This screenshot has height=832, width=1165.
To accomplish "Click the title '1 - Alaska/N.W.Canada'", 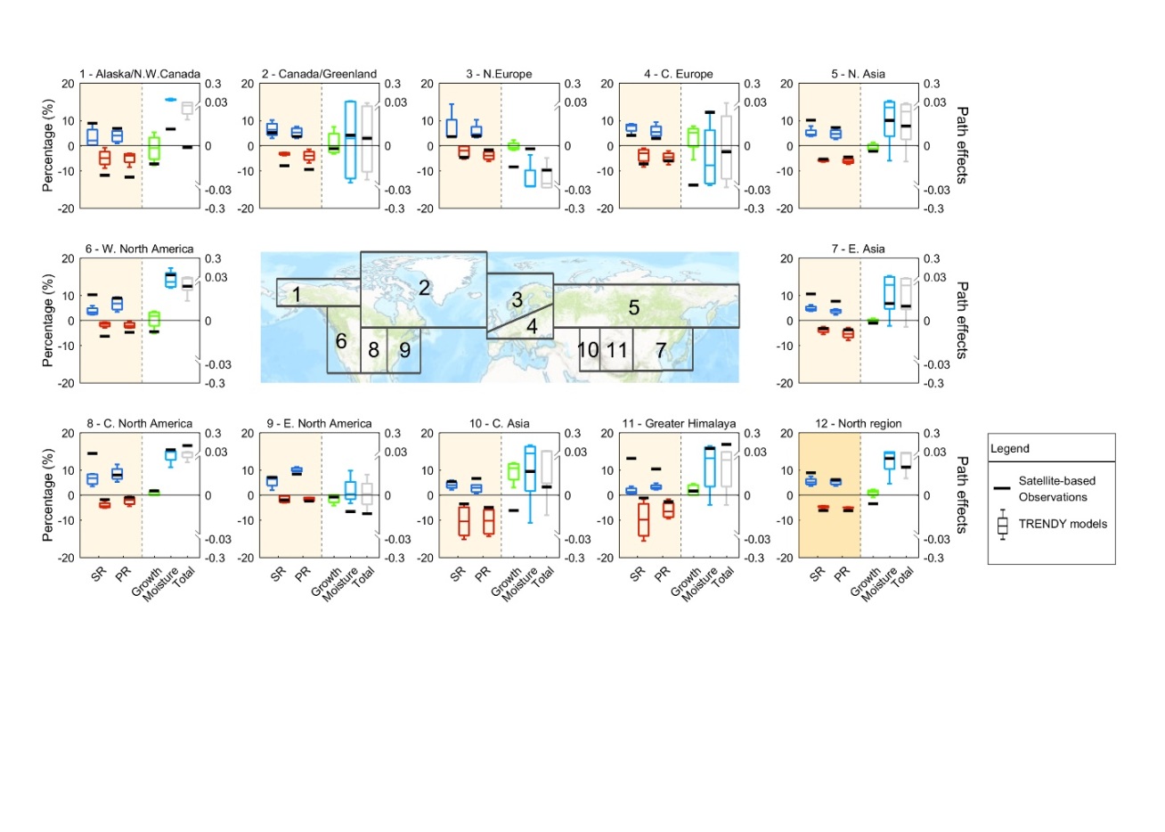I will click(x=140, y=74).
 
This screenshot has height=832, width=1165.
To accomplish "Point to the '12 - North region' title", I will click(x=858, y=423).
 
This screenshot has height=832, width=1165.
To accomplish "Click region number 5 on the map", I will click(x=633, y=307).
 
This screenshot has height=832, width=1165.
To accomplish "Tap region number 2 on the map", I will click(x=424, y=287).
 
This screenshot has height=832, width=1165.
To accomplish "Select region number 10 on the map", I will click(x=588, y=350).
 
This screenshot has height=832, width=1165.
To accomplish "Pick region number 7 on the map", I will click(x=660, y=350).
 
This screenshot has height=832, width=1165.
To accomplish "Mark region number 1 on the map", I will click(x=297, y=294).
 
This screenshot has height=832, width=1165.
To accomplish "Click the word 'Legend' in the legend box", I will click(x=1010, y=449).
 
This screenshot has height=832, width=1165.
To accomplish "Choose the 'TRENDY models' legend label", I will click(x=1063, y=524).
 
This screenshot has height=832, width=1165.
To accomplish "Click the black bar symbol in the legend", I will click(x=1002, y=488).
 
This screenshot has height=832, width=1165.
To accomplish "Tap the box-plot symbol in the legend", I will click(x=1002, y=525).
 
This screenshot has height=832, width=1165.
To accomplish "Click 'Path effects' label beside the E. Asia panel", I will click(x=961, y=321).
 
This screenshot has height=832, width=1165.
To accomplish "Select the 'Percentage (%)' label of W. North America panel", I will click(x=47, y=321).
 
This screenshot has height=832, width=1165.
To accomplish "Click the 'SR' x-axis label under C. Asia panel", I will click(x=457, y=575).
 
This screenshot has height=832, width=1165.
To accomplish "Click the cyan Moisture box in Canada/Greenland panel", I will click(x=350, y=141).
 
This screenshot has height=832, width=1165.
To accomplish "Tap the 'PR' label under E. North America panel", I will click(x=303, y=575).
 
